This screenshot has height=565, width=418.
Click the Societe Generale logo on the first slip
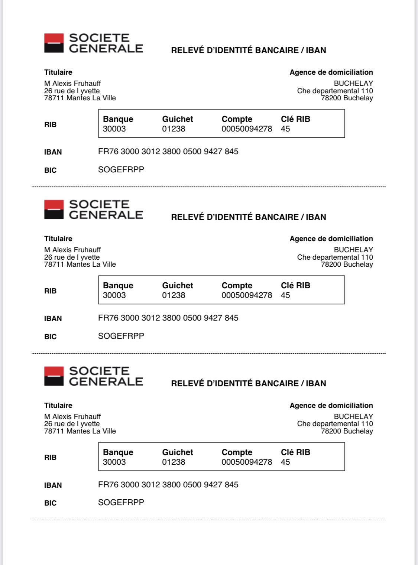tap(93, 43)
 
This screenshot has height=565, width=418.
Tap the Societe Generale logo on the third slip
tap(93, 376)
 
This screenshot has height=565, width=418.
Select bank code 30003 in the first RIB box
tap(114, 129)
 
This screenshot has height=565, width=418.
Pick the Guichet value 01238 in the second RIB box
tap(174, 295)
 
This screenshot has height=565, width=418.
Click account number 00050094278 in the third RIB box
tap(247, 462)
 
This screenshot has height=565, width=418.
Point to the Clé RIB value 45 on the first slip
tap(285, 129)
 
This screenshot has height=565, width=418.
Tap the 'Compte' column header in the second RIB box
tap(237, 286)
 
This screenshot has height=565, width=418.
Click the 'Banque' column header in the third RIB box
tap(118, 452)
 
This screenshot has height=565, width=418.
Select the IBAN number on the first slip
tap(168, 152)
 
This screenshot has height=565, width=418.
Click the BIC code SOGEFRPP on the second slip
tap(121, 336)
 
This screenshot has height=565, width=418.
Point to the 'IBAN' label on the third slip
tap(53, 485)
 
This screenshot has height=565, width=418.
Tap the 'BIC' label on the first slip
tap(50, 170)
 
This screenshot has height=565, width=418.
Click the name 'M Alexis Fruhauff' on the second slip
tap(72, 250)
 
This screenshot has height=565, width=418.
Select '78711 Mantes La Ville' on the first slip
tap(80, 98)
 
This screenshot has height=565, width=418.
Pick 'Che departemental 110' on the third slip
tap(335, 424)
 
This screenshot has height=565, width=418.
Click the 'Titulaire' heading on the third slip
tap(58, 406)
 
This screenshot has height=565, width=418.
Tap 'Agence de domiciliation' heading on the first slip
tap(331, 72)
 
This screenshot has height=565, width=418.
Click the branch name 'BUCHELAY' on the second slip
tap(353, 250)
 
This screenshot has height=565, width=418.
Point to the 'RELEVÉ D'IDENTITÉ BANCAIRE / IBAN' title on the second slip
tap(248, 217)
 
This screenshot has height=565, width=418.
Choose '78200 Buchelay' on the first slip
tap(347, 98)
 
